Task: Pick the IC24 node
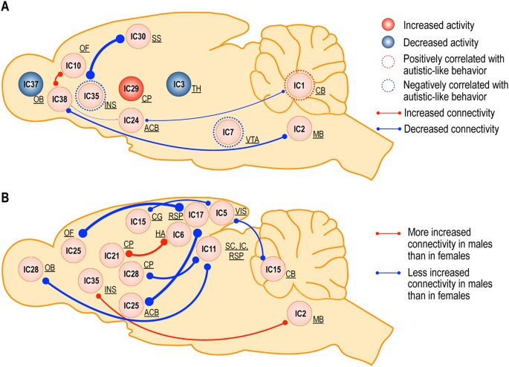pyautogui.click(x=132, y=120)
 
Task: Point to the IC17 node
pyautogui.click(x=196, y=215)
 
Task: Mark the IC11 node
pyautogui.click(x=209, y=247)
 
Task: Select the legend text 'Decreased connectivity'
pyautogui.click(x=453, y=129)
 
